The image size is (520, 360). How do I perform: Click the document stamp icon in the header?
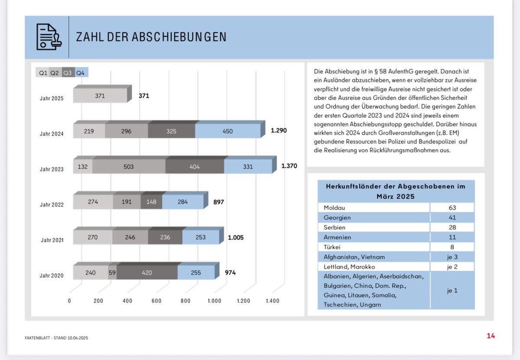(49, 37)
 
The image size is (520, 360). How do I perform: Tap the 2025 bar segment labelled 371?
(100, 95)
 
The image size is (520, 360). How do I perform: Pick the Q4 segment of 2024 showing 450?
(228, 131)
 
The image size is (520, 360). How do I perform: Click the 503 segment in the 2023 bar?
(129, 166)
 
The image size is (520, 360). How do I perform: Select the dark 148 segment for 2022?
(151, 202)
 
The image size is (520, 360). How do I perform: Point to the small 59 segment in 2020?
(112, 272)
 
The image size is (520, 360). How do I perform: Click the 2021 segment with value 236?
(165, 237)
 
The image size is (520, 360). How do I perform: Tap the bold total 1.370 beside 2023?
(289, 166)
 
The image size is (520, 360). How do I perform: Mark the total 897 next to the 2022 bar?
(219, 202)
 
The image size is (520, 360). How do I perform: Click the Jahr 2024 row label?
(52, 134)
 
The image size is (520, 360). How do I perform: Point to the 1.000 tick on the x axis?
(214, 301)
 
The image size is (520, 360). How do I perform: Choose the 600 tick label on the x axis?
(156, 301)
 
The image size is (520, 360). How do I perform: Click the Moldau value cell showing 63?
(452, 208)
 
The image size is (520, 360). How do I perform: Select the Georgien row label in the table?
(337, 217)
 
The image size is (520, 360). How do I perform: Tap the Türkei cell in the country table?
(332, 247)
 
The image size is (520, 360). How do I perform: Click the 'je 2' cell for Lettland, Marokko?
(452, 267)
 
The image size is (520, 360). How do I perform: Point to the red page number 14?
(491, 336)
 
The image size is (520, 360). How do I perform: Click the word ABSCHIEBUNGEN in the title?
(179, 37)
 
